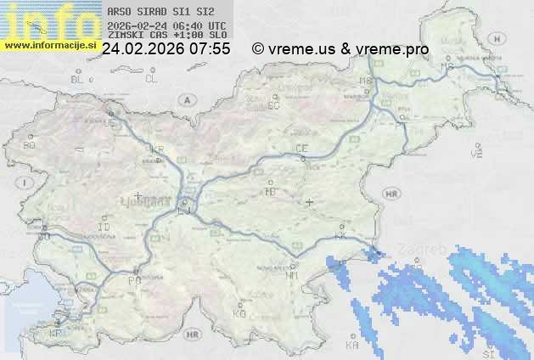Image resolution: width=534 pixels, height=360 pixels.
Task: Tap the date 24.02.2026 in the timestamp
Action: [143, 49]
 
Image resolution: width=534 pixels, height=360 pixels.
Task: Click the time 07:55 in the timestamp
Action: [211, 49]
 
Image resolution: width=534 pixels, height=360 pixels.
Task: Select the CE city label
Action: [301, 148]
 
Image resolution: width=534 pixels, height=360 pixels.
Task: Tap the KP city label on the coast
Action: [55, 333]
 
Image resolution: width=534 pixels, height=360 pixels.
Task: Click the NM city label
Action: [292, 275]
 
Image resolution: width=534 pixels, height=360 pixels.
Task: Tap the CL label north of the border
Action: [152, 79]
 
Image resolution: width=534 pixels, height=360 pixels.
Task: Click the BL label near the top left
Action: [77, 79]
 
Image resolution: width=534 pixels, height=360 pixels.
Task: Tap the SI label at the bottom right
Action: [488, 352]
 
